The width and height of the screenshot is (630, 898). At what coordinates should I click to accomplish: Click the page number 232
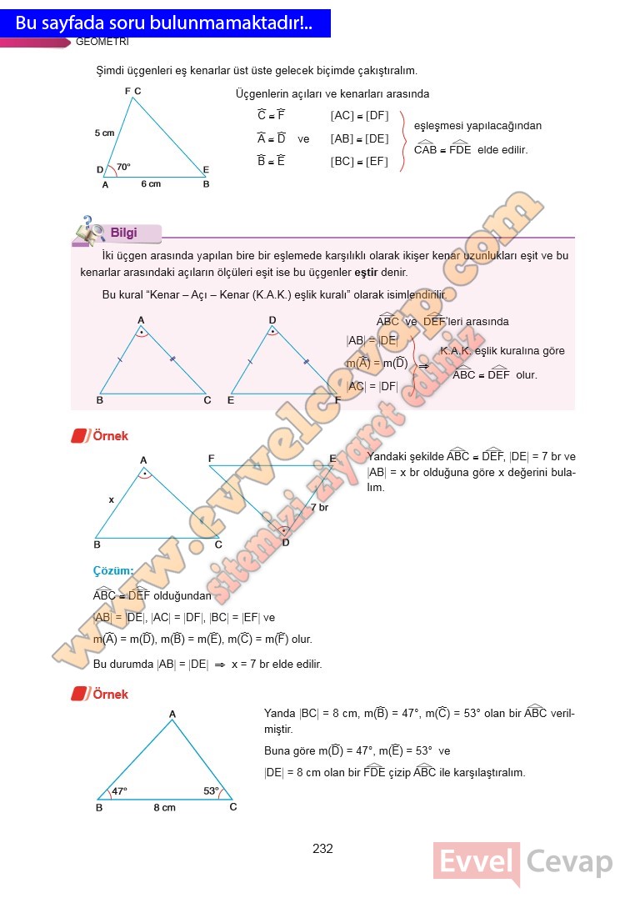[x=322, y=849]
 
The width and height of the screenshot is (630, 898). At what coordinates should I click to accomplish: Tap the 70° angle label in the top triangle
[x=123, y=168]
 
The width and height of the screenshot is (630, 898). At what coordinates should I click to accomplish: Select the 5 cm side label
[x=104, y=133]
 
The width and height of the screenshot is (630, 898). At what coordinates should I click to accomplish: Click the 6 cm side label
[x=150, y=184]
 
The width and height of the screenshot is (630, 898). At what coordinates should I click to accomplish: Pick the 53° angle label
[x=211, y=790]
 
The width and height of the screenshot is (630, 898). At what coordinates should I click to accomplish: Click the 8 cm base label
[x=164, y=807]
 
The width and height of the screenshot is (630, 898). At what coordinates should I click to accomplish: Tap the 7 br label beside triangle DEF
[x=319, y=507]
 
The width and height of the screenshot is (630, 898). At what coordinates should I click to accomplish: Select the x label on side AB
[x=111, y=499]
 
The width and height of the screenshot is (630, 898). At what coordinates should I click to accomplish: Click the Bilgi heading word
[x=123, y=233]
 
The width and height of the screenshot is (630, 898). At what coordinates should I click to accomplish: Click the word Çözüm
[x=113, y=571]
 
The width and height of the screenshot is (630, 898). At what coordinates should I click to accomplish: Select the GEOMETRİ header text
[x=102, y=42]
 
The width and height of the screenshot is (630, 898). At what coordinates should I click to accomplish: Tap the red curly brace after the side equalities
[x=404, y=140]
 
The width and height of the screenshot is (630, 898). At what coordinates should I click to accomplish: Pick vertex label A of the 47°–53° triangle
[x=172, y=714]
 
